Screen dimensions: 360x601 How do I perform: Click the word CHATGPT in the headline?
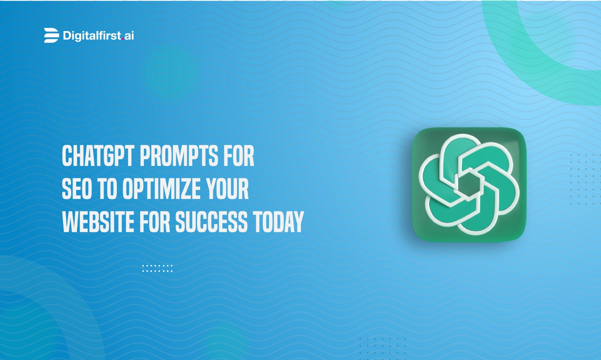(x=98, y=156)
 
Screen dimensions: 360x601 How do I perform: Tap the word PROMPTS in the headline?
(x=179, y=156)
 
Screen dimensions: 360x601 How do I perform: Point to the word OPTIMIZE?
(x=161, y=189)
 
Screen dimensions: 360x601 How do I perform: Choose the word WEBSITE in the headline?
(x=98, y=222)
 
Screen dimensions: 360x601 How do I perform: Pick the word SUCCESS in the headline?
(x=211, y=222)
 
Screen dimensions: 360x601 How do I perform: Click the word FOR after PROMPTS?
(x=239, y=156)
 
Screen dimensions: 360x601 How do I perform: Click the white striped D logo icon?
(x=51, y=35)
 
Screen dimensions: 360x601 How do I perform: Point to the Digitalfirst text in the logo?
(x=92, y=36)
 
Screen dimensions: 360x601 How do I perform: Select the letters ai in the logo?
(x=129, y=36)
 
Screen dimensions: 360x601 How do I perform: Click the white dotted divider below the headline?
(x=157, y=268)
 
